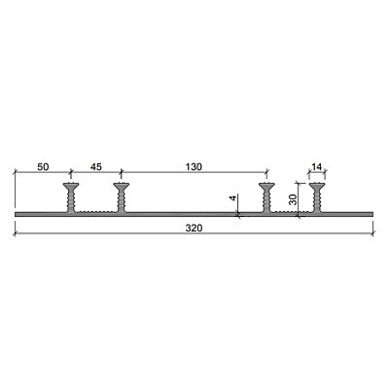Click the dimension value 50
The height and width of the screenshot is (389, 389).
pyautogui.click(x=43, y=167)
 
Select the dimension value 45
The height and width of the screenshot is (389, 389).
pyautogui.click(x=95, y=167)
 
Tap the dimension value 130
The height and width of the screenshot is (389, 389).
pyautogui.click(x=194, y=167)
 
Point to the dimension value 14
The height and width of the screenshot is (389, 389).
pyautogui.click(x=316, y=167)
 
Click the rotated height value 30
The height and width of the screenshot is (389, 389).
pyautogui.click(x=293, y=199)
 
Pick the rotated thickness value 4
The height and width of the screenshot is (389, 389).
pyautogui.click(x=233, y=197)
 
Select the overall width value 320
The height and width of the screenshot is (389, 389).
pyautogui.click(x=194, y=229)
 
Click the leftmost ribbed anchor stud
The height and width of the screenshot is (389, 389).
pyautogui.click(x=71, y=197)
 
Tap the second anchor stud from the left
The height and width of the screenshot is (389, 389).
pyautogui.click(x=122, y=197)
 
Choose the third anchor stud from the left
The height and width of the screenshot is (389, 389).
pyautogui.click(x=266, y=197)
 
